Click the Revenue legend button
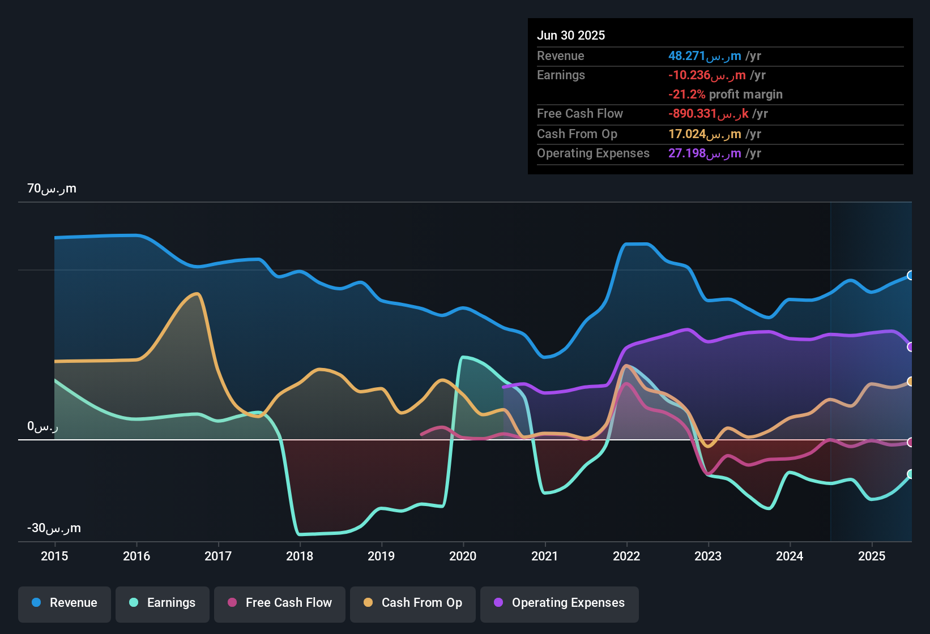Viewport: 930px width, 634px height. tap(65, 603)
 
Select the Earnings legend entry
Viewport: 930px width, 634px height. tap(163, 603)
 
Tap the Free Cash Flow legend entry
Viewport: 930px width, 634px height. tap(280, 603)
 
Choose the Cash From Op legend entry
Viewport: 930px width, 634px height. tap(413, 603)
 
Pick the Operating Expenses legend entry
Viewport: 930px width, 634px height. tap(560, 603)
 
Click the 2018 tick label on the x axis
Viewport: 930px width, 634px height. tap(300, 556)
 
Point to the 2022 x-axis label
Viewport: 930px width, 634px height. tap(626, 556)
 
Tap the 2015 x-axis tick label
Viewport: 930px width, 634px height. tap(54, 556)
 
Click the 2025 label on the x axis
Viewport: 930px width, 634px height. tap(872, 556)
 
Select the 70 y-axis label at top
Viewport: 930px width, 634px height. tap(52, 189)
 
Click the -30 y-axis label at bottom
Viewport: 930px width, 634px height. tap(54, 528)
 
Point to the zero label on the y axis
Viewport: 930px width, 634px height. tap(42, 426)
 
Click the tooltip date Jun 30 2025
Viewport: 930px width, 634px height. tap(571, 35)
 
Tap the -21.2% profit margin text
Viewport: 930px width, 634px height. tap(725, 95)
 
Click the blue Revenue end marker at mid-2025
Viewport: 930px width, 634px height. tap(911, 276)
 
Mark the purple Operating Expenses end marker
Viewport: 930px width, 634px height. tap(911, 347)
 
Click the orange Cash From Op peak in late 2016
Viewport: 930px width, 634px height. tap(197, 293)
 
